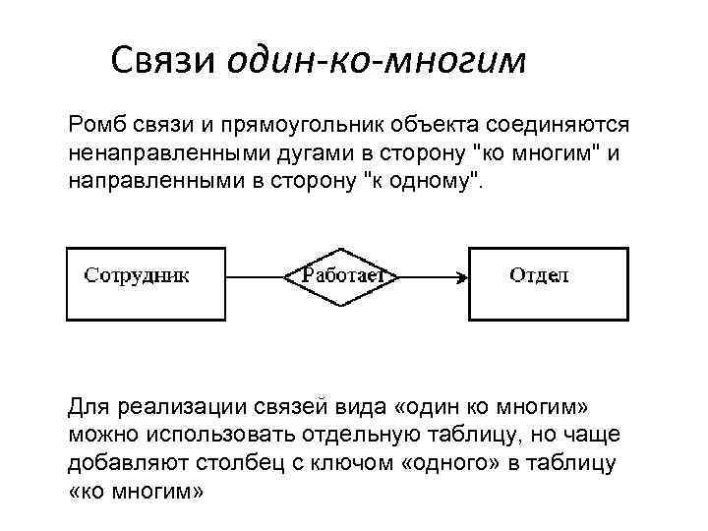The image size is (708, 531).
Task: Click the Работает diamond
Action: [341, 276]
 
